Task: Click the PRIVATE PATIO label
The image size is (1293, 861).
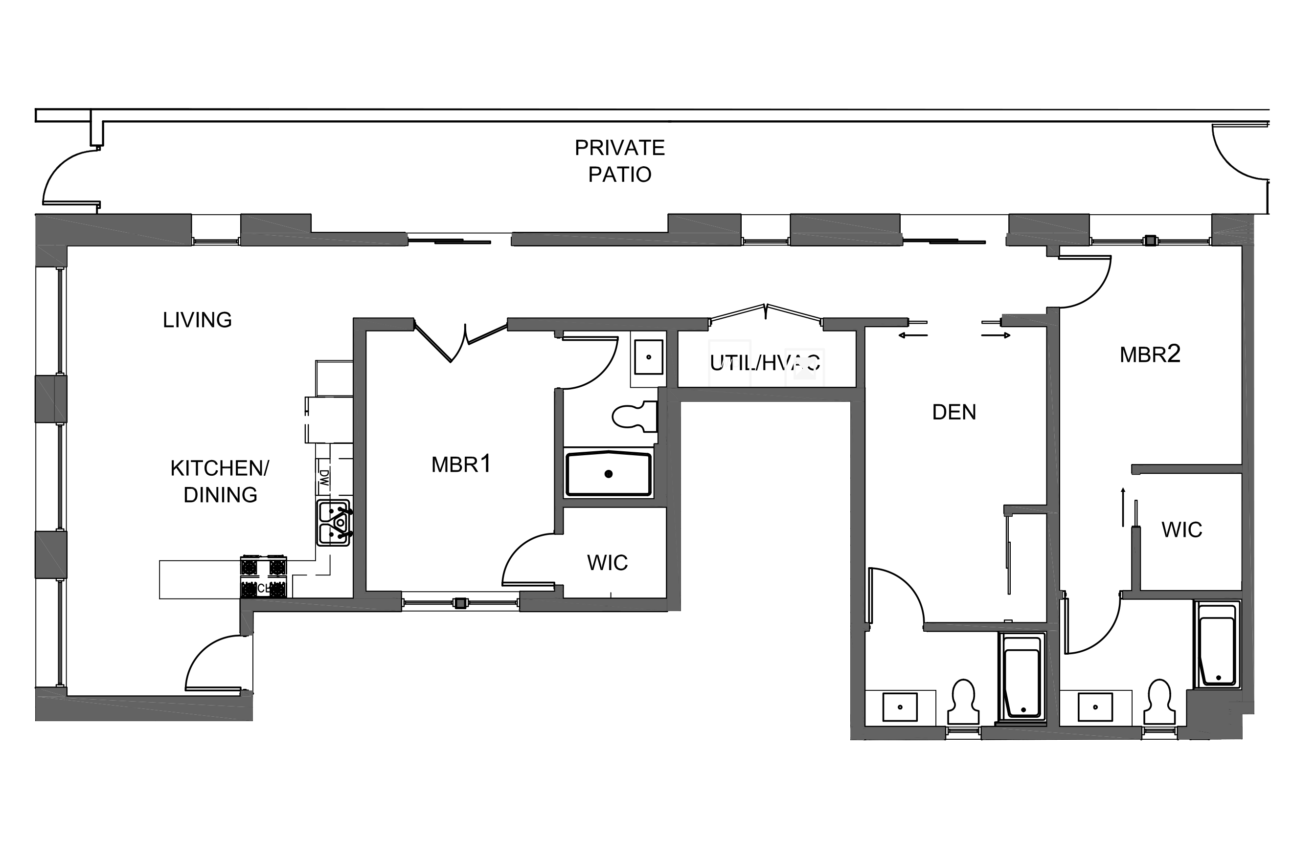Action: coord(619,160)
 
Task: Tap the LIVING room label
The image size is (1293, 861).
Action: coord(197,320)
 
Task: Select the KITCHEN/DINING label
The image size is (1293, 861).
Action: coord(219,481)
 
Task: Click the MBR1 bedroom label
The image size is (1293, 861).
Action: coord(460,464)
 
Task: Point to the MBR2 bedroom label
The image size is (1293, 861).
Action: coord(1150,354)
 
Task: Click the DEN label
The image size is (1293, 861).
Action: coord(953,412)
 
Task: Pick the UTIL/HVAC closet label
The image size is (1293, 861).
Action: coord(765,363)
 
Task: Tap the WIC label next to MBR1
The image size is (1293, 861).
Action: coord(607,563)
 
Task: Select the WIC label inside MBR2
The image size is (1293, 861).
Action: coord(1181,530)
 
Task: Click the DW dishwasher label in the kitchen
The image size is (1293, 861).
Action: coord(323,478)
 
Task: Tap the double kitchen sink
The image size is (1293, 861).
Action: coord(333,522)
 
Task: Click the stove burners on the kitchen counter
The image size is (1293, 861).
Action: coord(263,576)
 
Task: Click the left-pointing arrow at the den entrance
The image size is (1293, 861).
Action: coord(912,335)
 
